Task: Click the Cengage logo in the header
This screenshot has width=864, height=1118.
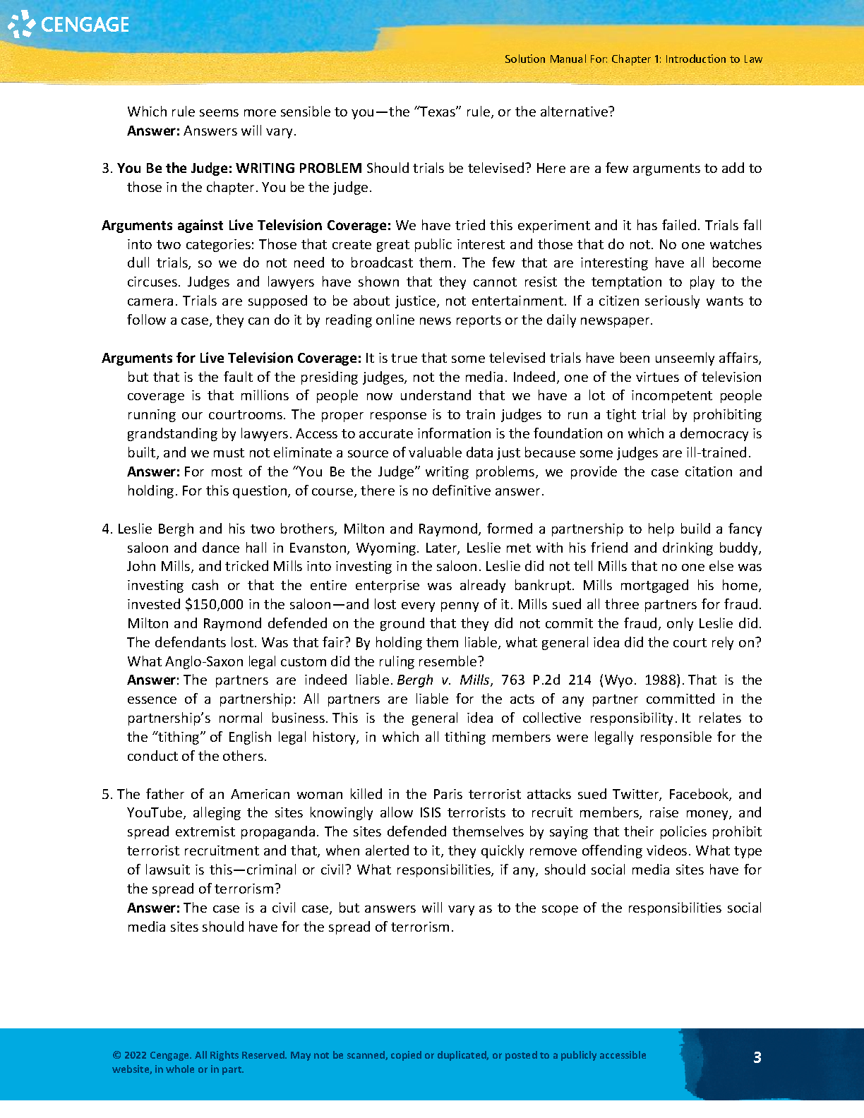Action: coord(68,25)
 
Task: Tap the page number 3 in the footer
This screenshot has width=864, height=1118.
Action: coord(757,1057)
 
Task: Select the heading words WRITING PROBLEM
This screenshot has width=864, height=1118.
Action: coord(299,168)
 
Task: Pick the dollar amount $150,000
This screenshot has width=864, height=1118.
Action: coord(214,604)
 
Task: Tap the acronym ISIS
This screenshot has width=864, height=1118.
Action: coord(431,813)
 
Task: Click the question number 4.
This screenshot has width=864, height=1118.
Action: coord(106,529)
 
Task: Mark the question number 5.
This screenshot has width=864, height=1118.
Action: coord(106,794)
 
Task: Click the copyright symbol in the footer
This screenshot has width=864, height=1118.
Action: coord(116,1055)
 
